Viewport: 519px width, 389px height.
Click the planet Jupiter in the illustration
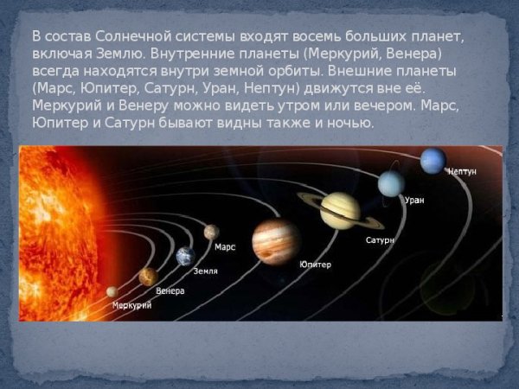click(276, 240)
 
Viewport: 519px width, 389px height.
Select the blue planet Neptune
click(432, 161)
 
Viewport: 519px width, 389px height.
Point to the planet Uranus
click(391, 183)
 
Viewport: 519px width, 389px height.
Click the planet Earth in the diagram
click(185, 256)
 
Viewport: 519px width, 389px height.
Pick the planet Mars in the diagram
click(211, 232)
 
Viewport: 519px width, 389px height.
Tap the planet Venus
click(148, 277)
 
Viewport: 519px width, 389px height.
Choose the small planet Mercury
click(112, 292)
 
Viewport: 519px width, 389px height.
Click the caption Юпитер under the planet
click(315, 265)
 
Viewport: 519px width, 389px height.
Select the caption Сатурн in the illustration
click(380, 239)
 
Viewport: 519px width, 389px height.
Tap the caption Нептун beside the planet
click(462, 172)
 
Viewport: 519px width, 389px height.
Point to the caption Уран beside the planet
click(414, 200)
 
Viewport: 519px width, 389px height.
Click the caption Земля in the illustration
click(205, 271)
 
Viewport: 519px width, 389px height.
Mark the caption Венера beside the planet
click(170, 290)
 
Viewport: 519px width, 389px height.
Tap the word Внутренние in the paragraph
click(192, 54)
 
